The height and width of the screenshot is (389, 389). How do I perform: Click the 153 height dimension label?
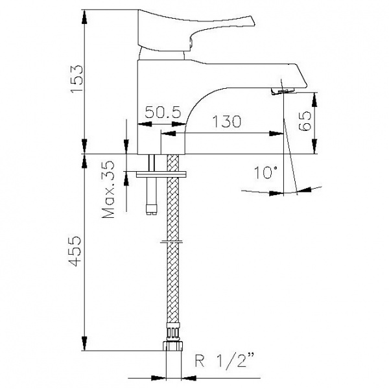77,78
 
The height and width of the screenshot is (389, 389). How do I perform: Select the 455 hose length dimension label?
75,251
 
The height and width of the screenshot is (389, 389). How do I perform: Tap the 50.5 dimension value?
163,112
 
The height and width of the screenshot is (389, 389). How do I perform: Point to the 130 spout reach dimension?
227,121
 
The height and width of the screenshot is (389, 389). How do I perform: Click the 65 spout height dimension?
305,121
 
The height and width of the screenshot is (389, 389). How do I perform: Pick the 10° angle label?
265,172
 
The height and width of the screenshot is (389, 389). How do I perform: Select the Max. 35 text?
108,190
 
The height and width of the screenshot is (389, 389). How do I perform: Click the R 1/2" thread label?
224,360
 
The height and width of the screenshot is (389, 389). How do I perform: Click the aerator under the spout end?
283,91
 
